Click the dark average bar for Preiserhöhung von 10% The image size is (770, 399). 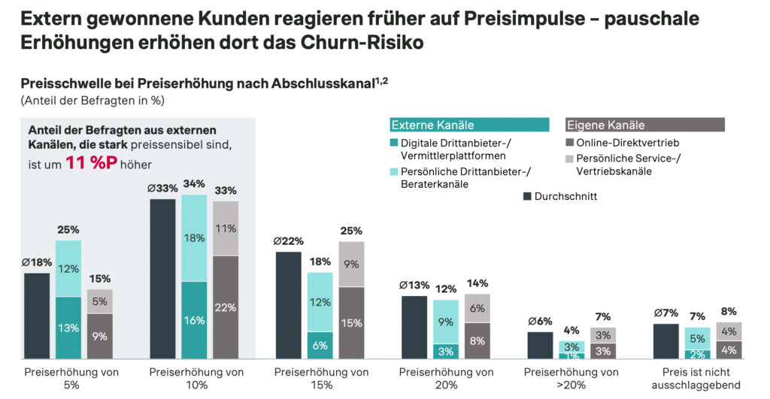pos(163,278)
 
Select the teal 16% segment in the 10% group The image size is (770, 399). pos(195,320)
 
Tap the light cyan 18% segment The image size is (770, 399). pos(195,238)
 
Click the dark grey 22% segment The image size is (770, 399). pos(226,307)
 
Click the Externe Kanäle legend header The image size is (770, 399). pos(469,125)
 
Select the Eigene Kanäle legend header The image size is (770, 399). pos(644,125)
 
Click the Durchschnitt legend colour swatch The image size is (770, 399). pos(526,197)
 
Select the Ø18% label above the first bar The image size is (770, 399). pos(36,262)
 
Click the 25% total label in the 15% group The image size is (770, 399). pos(351,231)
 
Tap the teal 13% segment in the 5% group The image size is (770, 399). pos(68,328)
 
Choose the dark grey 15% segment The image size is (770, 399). pos(351,323)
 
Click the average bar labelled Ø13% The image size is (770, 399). pos(414,327)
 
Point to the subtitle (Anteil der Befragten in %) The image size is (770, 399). pos(92,100)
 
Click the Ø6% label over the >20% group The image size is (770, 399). pos(539,321)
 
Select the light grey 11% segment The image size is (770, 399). pos(226,228)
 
